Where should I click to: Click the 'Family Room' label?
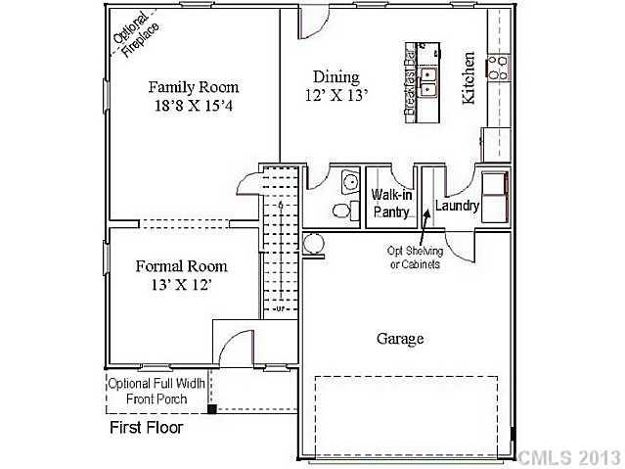[x=193, y=86]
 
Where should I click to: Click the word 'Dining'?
[x=336, y=77]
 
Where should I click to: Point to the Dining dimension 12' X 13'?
[x=336, y=96]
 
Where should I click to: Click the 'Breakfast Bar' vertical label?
[x=411, y=84]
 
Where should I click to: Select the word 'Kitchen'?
[x=469, y=78]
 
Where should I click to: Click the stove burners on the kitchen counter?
[x=499, y=67]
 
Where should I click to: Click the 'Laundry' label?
[x=457, y=207]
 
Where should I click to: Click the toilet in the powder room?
[x=340, y=211]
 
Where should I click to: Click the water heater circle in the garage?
[x=313, y=243]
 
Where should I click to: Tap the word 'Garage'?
[x=400, y=339]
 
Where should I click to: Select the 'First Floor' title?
[x=145, y=428]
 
